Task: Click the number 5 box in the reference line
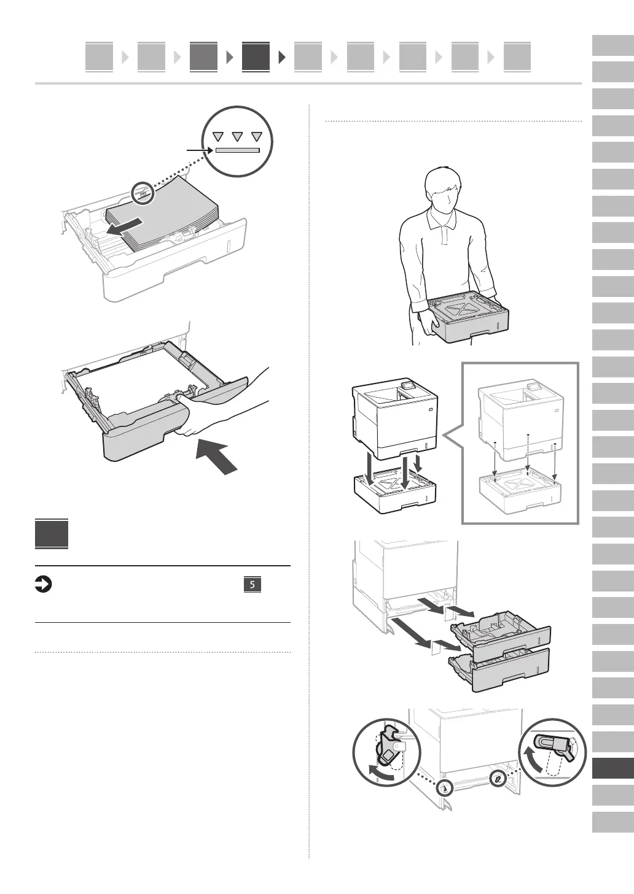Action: (252, 585)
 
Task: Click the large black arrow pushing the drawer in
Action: (217, 458)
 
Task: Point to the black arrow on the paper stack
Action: (125, 226)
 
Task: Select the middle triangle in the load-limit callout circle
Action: (238, 137)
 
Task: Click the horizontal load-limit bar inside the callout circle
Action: (237, 150)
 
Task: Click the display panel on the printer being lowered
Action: (406, 387)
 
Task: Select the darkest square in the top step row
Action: (256, 56)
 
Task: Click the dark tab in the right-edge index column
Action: (612, 769)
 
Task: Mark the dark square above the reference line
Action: (52, 534)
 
